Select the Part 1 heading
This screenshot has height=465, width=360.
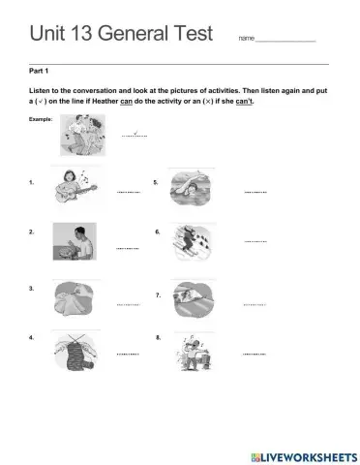click(41, 71)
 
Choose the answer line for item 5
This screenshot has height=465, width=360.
click(255, 192)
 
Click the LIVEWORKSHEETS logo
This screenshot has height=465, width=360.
click(301, 455)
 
